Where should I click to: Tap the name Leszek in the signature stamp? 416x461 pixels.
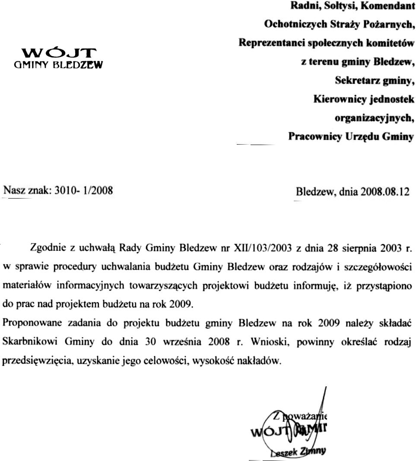pyautogui.click(x=281, y=453)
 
